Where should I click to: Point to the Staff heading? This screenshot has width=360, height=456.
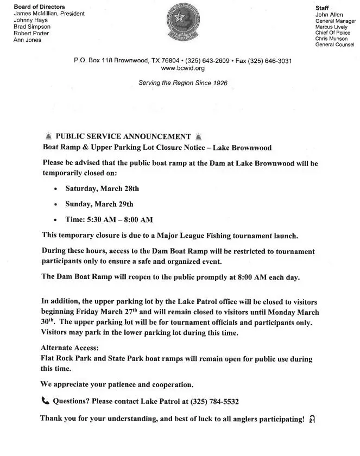pos(323,8)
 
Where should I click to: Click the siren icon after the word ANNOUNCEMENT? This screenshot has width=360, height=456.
pos(198,137)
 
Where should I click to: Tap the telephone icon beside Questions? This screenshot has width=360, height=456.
pos(45,402)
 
